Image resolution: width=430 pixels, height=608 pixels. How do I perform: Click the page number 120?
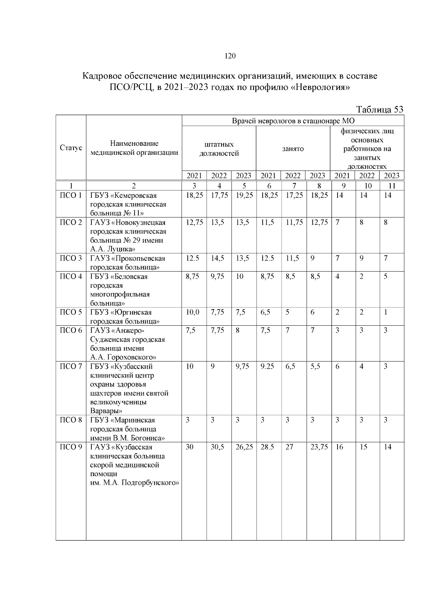(230, 56)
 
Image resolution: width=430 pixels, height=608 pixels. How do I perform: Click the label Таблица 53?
(379, 109)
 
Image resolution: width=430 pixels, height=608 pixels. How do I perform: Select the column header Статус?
(71, 148)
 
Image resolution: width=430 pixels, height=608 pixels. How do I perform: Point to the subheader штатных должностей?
(219, 149)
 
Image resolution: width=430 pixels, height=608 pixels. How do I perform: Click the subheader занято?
(293, 149)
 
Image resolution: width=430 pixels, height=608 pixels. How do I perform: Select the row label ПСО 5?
(71, 312)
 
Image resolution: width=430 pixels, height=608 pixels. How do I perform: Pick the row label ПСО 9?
(71, 447)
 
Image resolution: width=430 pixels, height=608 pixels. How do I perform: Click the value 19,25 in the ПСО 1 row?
(244, 196)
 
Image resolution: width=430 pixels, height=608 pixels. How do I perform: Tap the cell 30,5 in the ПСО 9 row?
(217, 447)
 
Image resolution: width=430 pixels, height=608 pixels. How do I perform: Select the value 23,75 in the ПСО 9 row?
(319, 447)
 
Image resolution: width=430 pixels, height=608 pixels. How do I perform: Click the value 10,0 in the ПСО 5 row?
(193, 312)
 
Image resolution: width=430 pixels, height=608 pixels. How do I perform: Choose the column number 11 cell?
(392, 186)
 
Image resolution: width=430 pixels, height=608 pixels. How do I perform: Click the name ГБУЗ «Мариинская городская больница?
(123, 425)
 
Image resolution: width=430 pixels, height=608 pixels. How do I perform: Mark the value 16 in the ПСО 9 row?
(339, 447)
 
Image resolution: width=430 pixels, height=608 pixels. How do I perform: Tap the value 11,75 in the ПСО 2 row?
(294, 222)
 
